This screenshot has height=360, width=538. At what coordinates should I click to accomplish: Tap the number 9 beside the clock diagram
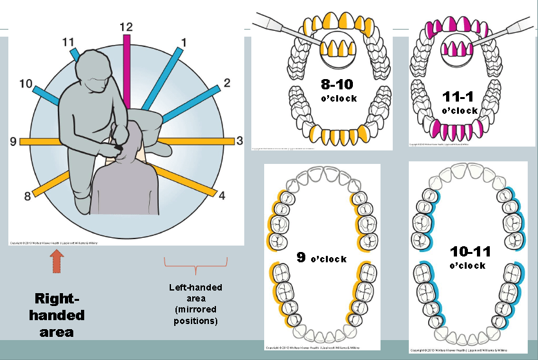click(x=13, y=140)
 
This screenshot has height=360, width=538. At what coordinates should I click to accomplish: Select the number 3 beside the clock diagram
click(x=240, y=140)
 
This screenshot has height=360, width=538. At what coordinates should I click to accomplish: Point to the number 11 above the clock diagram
click(x=69, y=42)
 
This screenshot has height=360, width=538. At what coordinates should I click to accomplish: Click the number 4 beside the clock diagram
click(x=222, y=195)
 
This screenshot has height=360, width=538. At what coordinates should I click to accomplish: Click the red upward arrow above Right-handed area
click(x=57, y=262)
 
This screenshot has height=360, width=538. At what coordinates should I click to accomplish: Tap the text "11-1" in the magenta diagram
click(x=460, y=96)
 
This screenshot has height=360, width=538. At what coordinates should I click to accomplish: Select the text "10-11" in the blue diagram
click(x=467, y=252)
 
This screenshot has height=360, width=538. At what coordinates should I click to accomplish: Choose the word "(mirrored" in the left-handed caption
click(x=195, y=310)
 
